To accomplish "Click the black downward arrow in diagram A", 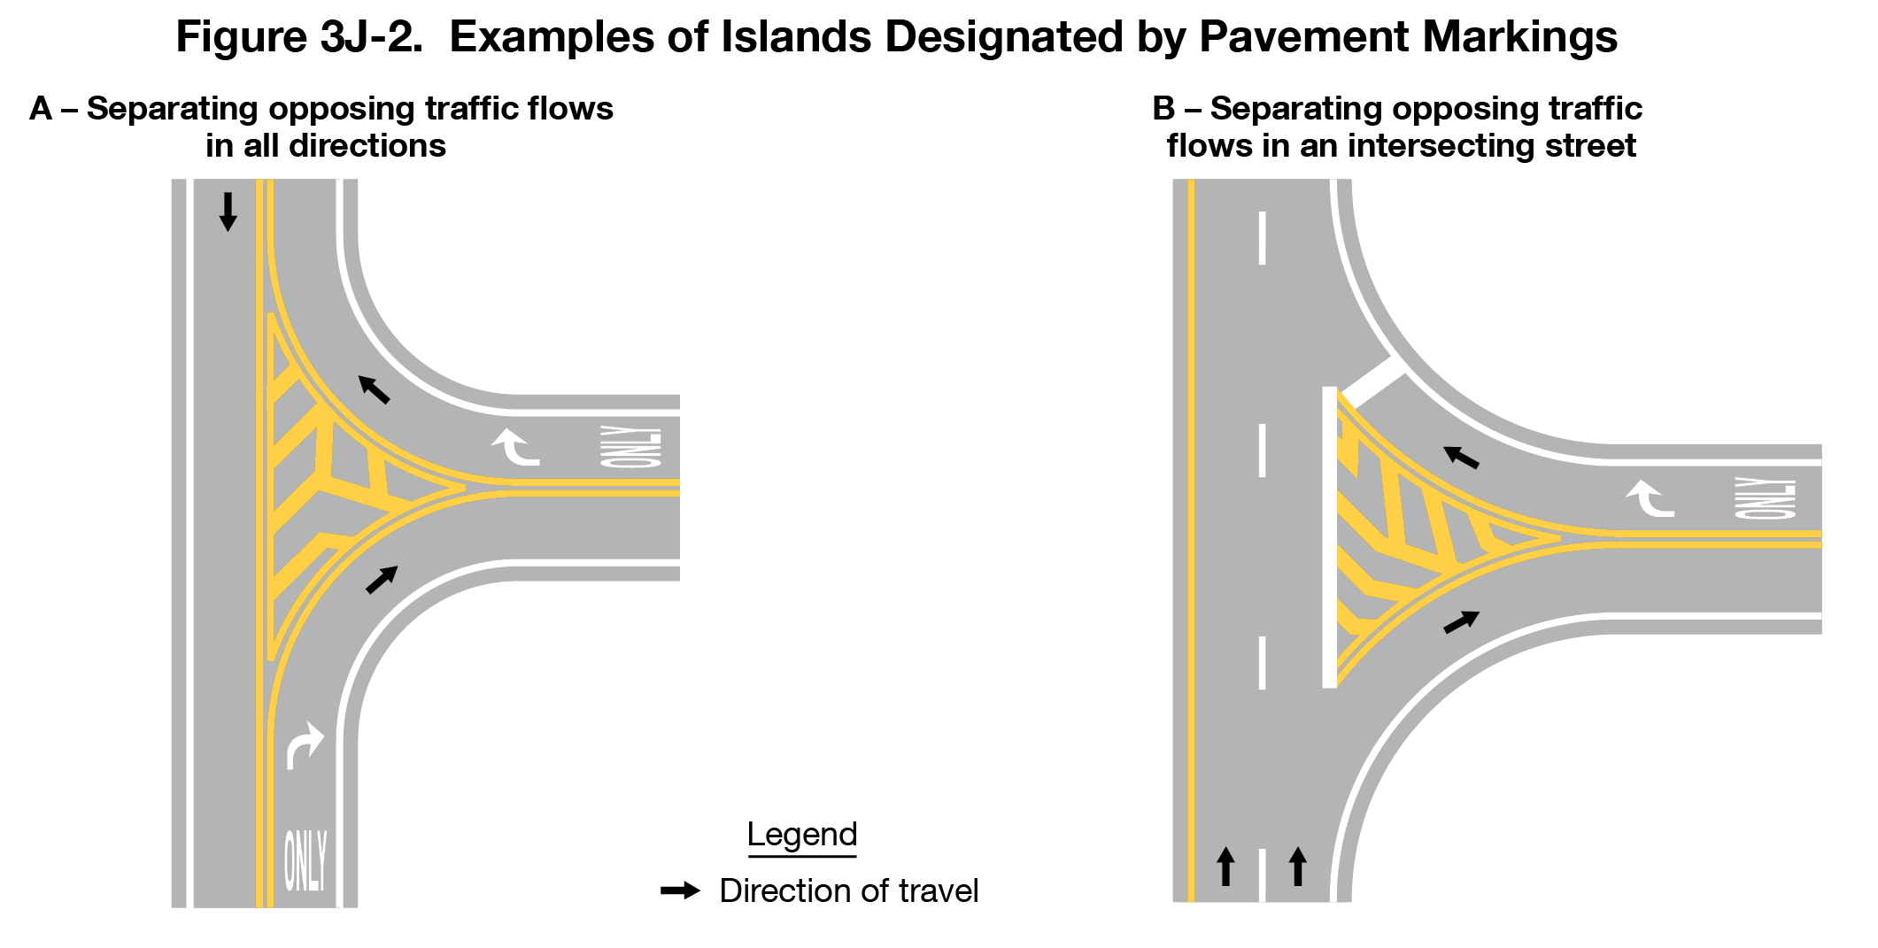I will [x=228, y=212].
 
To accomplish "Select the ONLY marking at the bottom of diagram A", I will [x=305, y=859].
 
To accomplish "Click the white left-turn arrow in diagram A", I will [x=515, y=445].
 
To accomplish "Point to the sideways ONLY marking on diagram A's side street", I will [x=630, y=446].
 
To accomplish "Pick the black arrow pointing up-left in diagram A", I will [x=374, y=389].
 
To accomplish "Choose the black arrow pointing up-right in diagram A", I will [x=382, y=579].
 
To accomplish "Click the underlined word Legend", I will [x=801, y=835].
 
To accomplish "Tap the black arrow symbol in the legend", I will [x=680, y=890].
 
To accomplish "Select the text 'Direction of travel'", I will [x=848, y=890].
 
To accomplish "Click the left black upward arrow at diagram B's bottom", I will [x=1225, y=866].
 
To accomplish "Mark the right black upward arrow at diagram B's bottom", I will [x=1297, y=866].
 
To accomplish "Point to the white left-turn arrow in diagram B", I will [x=1649, y=497].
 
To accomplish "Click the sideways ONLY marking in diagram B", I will [x=1765, y=497].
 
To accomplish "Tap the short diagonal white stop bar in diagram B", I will [x=1372, y=382].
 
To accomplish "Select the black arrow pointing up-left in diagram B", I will [x=1461, y=457].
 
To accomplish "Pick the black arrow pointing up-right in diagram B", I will [x=1461, y=622].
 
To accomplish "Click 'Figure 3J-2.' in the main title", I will [x=299, y=37].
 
